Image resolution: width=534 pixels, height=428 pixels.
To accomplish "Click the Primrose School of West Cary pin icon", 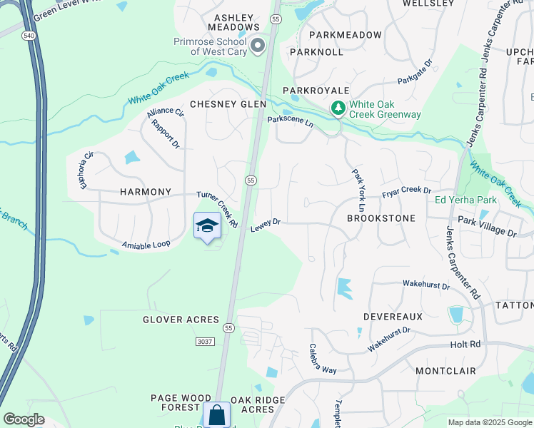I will click(x=258, y=46).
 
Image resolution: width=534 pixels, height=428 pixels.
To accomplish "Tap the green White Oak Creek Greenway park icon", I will click(x=338, y=108).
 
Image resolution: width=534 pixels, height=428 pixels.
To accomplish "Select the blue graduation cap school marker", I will click(x=207, y=226).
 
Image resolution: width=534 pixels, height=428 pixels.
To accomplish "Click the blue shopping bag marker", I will click(x=216, y=415).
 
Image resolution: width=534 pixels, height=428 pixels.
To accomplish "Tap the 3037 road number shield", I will click(x=205, y=342).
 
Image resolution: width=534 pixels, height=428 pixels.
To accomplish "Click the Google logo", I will click(x=24, y=419).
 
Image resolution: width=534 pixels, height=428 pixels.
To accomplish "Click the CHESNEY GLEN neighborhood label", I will click(x=218, y=104).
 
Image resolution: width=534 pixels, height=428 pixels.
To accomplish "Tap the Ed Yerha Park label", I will click(x=465, y=199).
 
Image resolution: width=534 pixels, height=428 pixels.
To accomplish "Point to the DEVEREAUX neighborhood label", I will click(x=393, y=316).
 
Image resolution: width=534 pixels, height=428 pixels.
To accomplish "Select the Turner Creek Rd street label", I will click(x=218, y=209).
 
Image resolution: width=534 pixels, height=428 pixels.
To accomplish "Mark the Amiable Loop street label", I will click(x=146, y=244).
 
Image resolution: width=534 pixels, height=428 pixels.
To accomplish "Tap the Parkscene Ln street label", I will click(x=291, y=121).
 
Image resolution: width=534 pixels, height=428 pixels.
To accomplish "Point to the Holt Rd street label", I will click(x=465, y=345).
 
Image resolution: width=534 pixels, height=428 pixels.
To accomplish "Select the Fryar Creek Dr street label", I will click(x=406, y=191).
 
